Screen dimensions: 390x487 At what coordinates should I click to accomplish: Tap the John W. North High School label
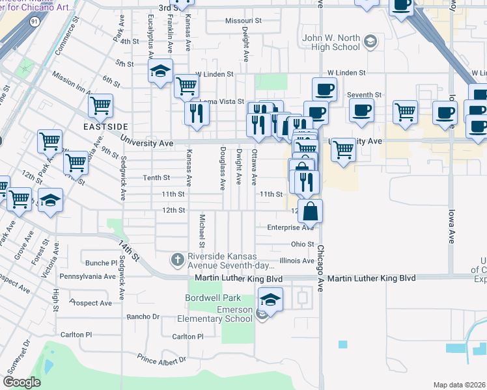(331, 42)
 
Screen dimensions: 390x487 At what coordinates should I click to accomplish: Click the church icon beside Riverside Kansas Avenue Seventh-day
(176, 260)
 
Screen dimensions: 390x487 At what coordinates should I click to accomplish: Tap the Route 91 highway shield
(34, 21)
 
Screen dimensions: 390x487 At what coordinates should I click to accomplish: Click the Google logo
(22, 382)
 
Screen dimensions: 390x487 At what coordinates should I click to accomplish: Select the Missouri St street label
(243, 21)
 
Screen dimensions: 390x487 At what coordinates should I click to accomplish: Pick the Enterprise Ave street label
(290, 227)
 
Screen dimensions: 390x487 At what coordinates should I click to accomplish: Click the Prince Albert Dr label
(161, 358)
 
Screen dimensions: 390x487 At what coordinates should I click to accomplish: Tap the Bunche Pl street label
(101, 263)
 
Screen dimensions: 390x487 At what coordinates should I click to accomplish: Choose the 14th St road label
(129, 249)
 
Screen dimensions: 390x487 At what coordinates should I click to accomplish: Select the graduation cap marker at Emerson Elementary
(270, 300)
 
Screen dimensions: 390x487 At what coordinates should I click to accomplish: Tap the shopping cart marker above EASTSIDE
(100, 105)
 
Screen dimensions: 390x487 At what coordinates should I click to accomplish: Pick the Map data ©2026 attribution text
(459, 385)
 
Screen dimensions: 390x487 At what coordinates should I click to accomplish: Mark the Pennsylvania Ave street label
(88, 276)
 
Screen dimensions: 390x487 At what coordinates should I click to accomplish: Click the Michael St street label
(202, 226)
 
